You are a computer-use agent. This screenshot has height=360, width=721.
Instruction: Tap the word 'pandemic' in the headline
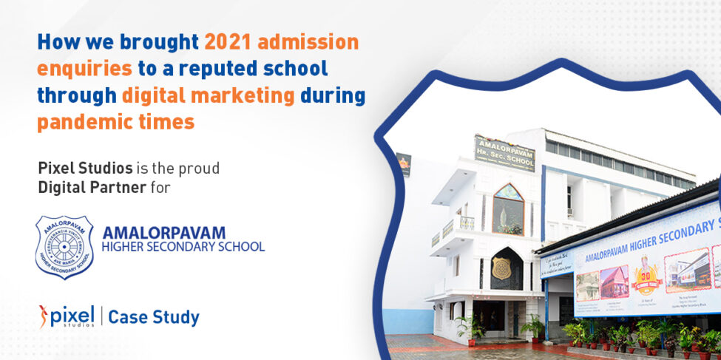(x=79, y=122)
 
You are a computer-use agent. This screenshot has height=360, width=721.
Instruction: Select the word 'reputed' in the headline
(x=226, y=69)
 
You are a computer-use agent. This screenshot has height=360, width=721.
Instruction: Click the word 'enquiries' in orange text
(x=84, y=69)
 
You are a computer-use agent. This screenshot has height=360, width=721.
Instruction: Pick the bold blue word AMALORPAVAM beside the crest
(x=164, y=233)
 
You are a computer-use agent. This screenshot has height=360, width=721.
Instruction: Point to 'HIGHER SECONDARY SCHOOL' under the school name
(x=183, y=247)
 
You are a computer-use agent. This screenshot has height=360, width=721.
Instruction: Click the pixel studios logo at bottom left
(x=67, y=316)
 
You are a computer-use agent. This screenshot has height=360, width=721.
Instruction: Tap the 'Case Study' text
(x=154, y=318)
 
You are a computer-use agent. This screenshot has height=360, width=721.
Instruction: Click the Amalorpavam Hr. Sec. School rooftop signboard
(x=504, y=153)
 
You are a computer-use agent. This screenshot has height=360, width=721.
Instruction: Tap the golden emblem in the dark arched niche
(x=504, y=268)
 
